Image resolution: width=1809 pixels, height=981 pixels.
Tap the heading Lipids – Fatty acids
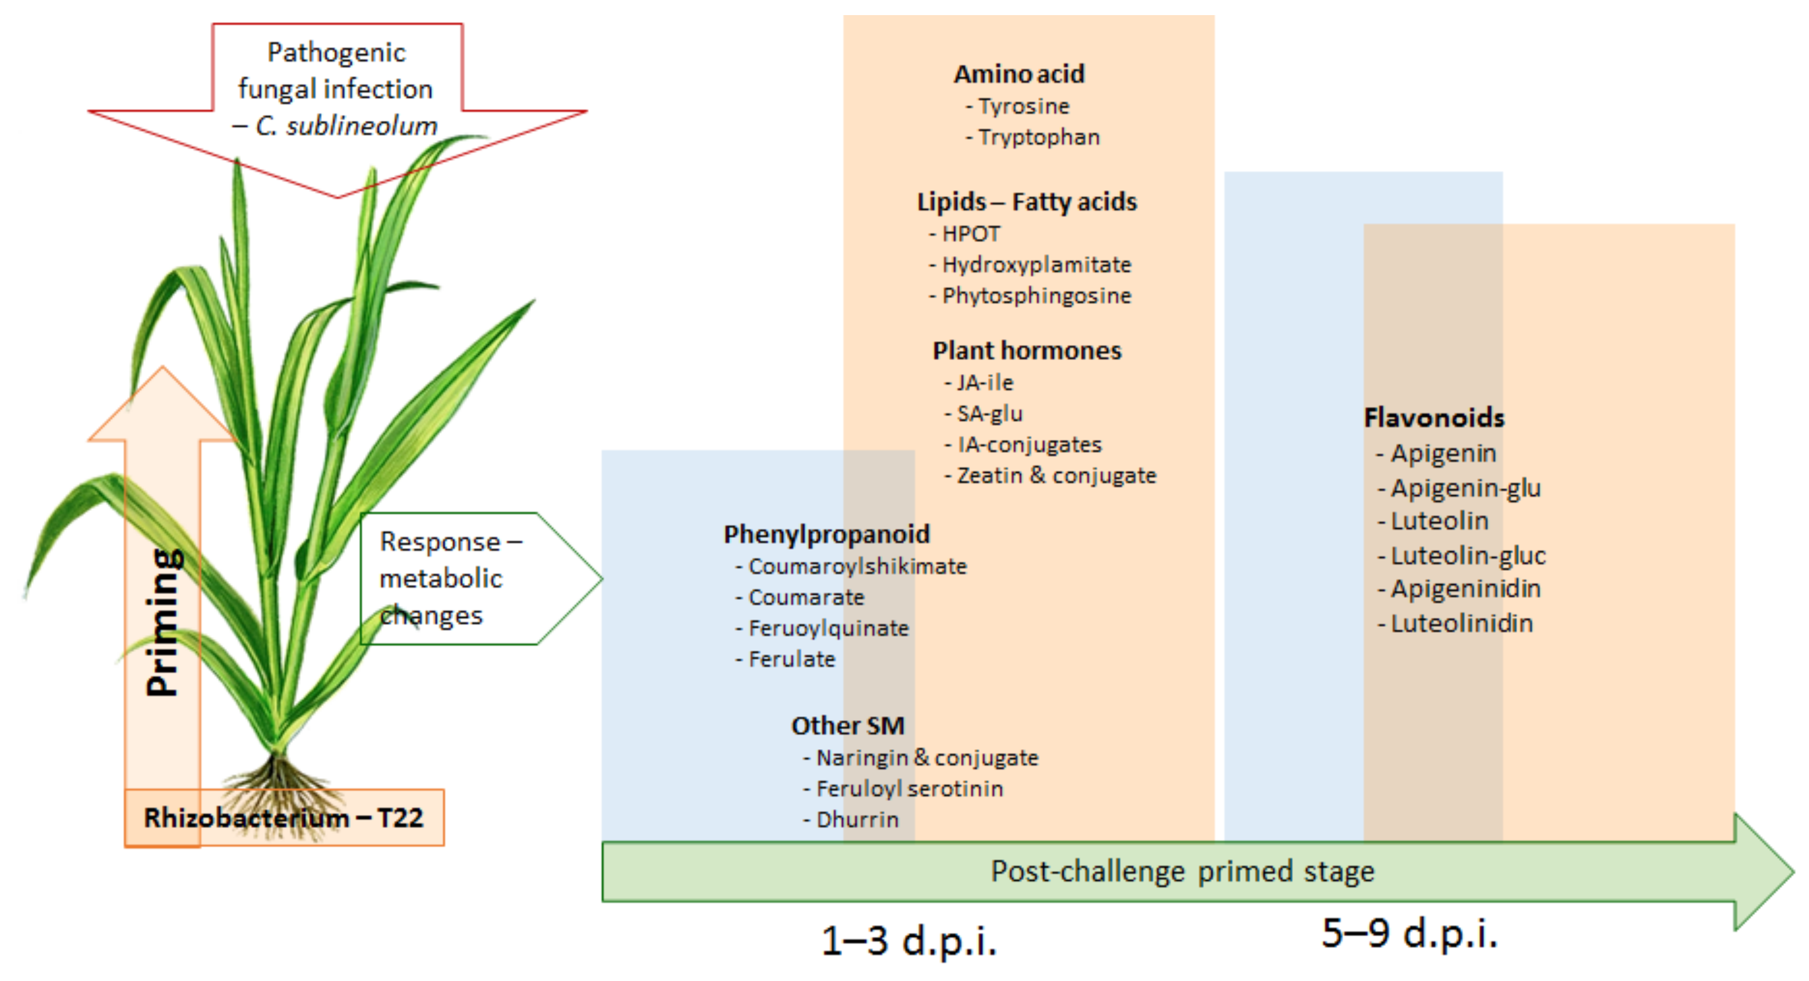pos(1027,202)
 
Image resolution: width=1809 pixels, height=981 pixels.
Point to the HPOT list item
pos(971,233)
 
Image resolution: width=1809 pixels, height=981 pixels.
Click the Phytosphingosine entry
pos(1036,295)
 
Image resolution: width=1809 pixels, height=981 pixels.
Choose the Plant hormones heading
pos(1027,350)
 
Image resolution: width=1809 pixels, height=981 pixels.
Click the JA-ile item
pos(985,383)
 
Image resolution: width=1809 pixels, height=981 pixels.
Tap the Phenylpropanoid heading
pos(827,534)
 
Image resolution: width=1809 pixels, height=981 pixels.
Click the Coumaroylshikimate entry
pos(857,566)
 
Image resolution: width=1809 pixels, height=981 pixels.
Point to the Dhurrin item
pos(857,819)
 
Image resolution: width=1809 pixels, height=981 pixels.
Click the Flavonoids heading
pos(1434,418)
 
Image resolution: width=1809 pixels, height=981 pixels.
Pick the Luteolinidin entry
pos(1461,623)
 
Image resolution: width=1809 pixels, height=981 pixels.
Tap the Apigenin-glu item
pos(1465,487)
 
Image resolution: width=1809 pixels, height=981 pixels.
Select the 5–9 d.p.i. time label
pos(1409,933)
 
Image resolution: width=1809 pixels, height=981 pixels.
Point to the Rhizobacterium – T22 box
pos(284,817)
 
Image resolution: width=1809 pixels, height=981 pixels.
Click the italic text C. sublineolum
pos(346,126)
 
